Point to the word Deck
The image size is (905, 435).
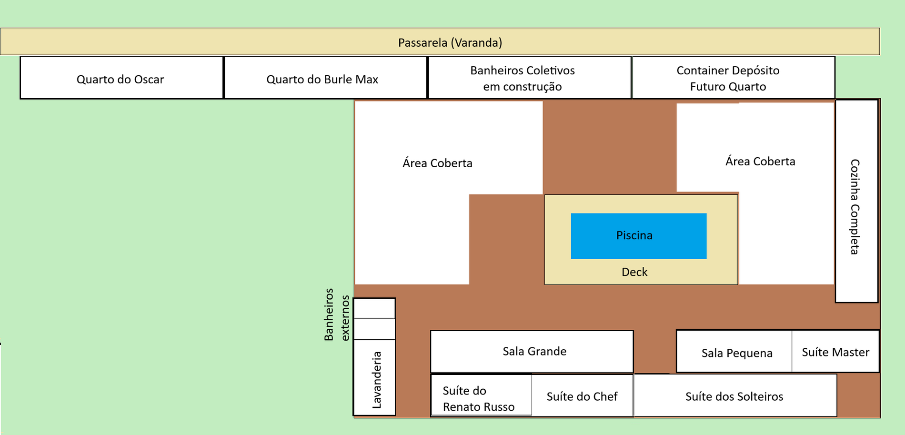coord(634,272)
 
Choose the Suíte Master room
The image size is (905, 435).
coord(835,352)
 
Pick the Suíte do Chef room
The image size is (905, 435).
coord(582,396)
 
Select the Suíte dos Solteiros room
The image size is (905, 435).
coord(734,396)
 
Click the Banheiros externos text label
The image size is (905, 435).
coord(336,314)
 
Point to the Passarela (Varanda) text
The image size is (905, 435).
coord(450,42)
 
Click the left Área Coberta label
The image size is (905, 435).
coord(437,163)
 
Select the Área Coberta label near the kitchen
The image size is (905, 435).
coord(760,162)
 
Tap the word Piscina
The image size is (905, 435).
coord(634,235)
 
